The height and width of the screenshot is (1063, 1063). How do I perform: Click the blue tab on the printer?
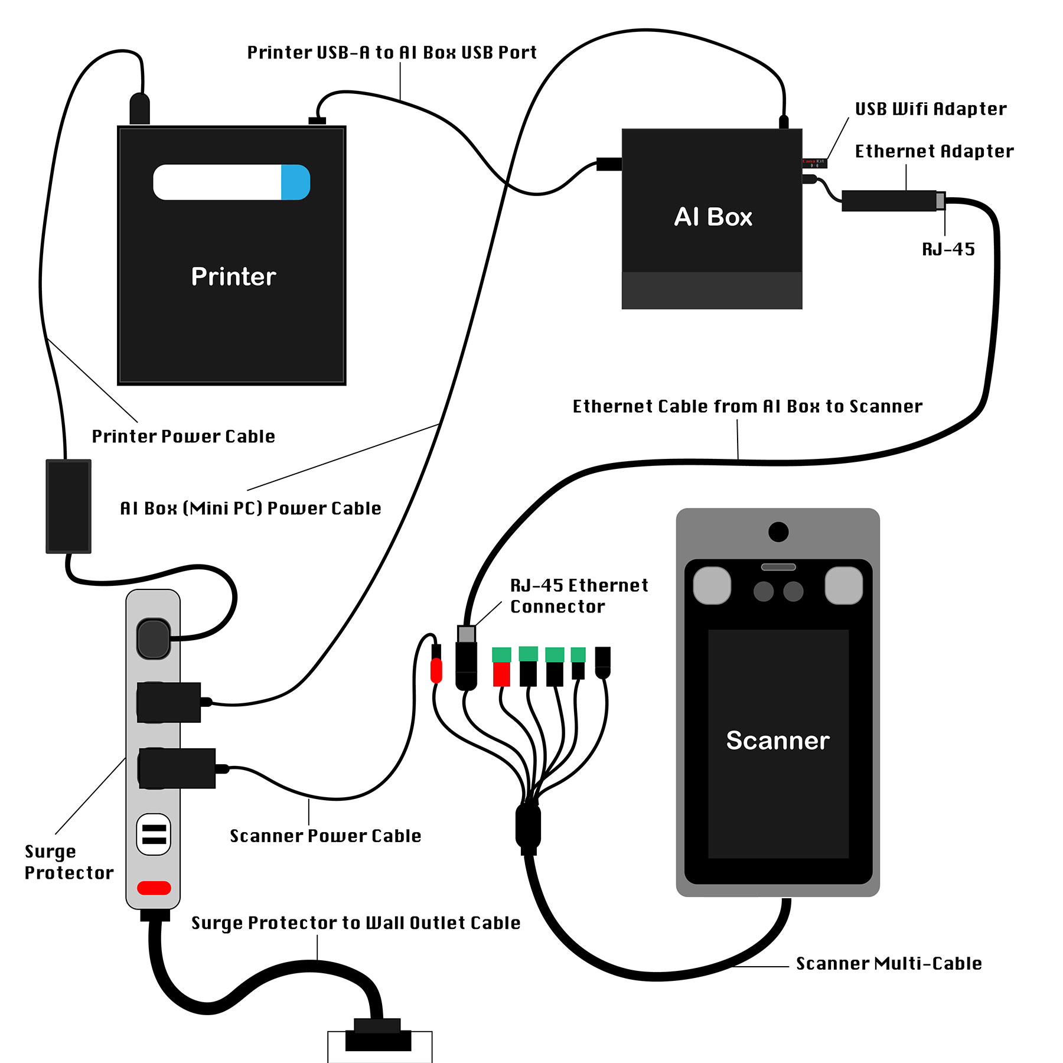(x=295, y=182)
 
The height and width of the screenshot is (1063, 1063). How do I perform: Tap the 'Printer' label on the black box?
(x=233, y=276)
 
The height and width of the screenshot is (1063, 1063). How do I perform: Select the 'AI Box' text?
(x=713, y=217)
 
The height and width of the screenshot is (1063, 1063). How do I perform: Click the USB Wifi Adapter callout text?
(x=930, y=109)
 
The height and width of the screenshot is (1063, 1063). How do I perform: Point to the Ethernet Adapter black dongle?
(x=889, y=201)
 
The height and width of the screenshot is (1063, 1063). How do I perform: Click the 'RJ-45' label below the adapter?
(x=948, y=249)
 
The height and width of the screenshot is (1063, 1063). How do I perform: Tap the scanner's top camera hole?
(x=778, y=531)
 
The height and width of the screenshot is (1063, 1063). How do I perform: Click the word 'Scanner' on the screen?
(x=777, y=740)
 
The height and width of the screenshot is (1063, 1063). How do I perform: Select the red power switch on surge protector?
(x=154, y=888)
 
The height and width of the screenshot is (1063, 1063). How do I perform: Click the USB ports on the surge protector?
(x=154, y=834)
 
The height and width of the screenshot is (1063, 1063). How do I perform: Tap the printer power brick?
(x=69, y=506)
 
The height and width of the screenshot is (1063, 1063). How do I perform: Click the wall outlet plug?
(x=378, y=1036)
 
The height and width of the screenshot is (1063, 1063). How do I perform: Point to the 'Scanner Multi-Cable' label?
(x=888, y=963)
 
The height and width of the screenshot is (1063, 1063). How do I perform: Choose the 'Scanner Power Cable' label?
(x=325, y=836)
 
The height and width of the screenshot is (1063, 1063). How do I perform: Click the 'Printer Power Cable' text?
(x=183, y=436)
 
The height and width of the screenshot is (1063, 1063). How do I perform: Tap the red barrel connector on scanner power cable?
(x=436, y=671)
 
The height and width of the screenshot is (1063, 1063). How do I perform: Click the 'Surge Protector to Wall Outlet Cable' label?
(x=356, y=922)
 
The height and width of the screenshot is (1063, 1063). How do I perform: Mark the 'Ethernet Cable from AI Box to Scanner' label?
(x=747, y=406)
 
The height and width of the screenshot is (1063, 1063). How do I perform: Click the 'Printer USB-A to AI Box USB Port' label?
(x=392, y=53)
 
